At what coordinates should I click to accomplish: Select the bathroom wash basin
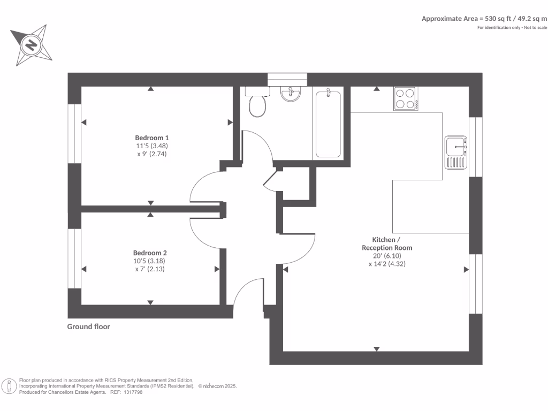290,94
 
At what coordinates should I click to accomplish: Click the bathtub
328,124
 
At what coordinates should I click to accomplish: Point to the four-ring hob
406,98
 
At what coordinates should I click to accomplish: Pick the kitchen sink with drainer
456,152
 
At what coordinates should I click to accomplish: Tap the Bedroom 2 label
150,253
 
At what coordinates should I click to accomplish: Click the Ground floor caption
88,326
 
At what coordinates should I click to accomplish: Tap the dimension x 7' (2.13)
150,269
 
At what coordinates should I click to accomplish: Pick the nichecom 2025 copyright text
217,386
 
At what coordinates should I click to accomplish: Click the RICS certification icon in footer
9,386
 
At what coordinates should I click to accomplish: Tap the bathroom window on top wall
287,79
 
